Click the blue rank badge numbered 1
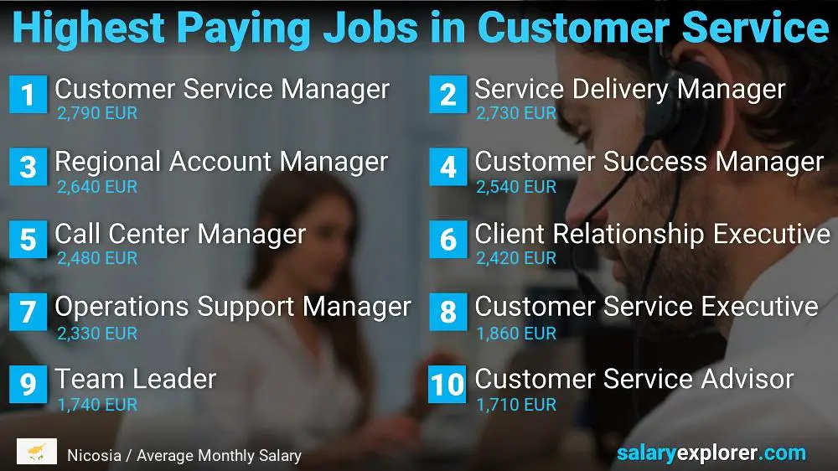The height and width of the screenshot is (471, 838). point(28,95)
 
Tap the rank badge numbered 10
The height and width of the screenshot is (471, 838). point(447,384)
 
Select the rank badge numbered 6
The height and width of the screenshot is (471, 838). point(447,240)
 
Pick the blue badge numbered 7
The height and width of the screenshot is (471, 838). point(28,312)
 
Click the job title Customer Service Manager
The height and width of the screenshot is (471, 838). point(222,88)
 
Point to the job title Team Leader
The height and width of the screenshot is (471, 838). point(136,379)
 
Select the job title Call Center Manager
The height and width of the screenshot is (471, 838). point(180,234)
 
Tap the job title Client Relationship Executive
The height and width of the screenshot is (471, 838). point(652,234)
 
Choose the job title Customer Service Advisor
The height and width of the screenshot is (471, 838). point(634,379)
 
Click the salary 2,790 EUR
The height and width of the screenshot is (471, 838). point(97,113)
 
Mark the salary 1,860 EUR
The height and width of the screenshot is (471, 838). point(516,333)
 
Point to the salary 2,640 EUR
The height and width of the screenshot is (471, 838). point(97,186)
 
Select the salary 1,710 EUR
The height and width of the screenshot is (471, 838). point(516,405)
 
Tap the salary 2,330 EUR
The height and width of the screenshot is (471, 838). point(97,333)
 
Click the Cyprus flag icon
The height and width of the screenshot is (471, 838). point(37,452)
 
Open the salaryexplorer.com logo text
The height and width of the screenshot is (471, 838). point(711,453)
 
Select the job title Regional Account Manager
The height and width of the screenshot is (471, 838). point(221,161)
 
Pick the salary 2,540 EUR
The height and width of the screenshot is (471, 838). point(516,186)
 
